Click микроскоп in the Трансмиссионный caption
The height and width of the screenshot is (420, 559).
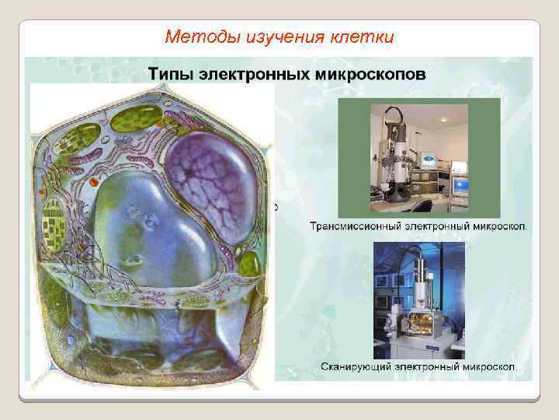click(497, 227)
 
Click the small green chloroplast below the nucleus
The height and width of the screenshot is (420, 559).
click(248, 264)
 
